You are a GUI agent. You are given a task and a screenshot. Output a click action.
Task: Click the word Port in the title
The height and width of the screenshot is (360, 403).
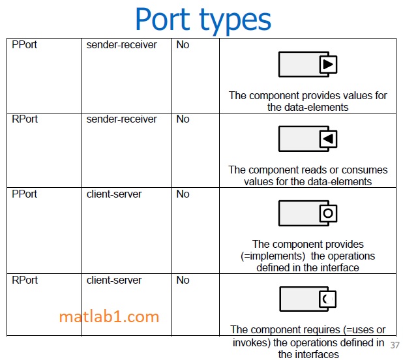pos(162,19)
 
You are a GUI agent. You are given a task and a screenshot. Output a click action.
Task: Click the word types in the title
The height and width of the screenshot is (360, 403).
pos(235,21)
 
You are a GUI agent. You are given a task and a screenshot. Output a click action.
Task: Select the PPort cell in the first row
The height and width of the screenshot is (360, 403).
pos(24,45)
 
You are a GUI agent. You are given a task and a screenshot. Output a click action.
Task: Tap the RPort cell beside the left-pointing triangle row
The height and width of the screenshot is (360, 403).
pos(25,119)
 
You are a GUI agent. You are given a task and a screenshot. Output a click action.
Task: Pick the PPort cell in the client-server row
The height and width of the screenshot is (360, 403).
pos(24,194)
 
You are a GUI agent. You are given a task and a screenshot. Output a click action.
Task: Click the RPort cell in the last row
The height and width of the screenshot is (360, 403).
pos(25,280)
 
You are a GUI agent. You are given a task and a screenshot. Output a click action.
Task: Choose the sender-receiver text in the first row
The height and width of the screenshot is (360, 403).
pos(121,45)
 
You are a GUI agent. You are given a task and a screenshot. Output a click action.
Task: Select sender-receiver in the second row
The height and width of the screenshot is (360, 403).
pos(121,119)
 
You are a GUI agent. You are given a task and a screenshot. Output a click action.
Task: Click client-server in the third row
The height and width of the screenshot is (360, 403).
pos(114,194)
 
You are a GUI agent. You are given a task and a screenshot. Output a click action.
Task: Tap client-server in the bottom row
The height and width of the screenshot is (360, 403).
pos(114,280)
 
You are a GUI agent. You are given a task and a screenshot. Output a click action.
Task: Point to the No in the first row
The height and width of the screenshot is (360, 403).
pos(183,45)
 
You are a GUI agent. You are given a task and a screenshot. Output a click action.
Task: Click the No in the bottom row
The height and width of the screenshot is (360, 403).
pos(183,280)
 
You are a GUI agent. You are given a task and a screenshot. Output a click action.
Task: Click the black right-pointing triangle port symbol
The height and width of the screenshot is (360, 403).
pos(328,65)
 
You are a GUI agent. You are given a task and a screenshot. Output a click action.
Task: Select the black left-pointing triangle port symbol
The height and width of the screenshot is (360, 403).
pos(328,139)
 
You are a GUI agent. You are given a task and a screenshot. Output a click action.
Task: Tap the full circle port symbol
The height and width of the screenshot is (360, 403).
pos(328,213)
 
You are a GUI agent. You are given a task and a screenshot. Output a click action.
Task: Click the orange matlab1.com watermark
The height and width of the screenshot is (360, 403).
pos(109,316)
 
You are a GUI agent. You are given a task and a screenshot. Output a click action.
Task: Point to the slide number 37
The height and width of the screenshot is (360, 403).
pos(395,345)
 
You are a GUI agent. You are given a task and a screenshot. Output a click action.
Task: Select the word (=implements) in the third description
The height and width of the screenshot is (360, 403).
pos(273,256)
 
